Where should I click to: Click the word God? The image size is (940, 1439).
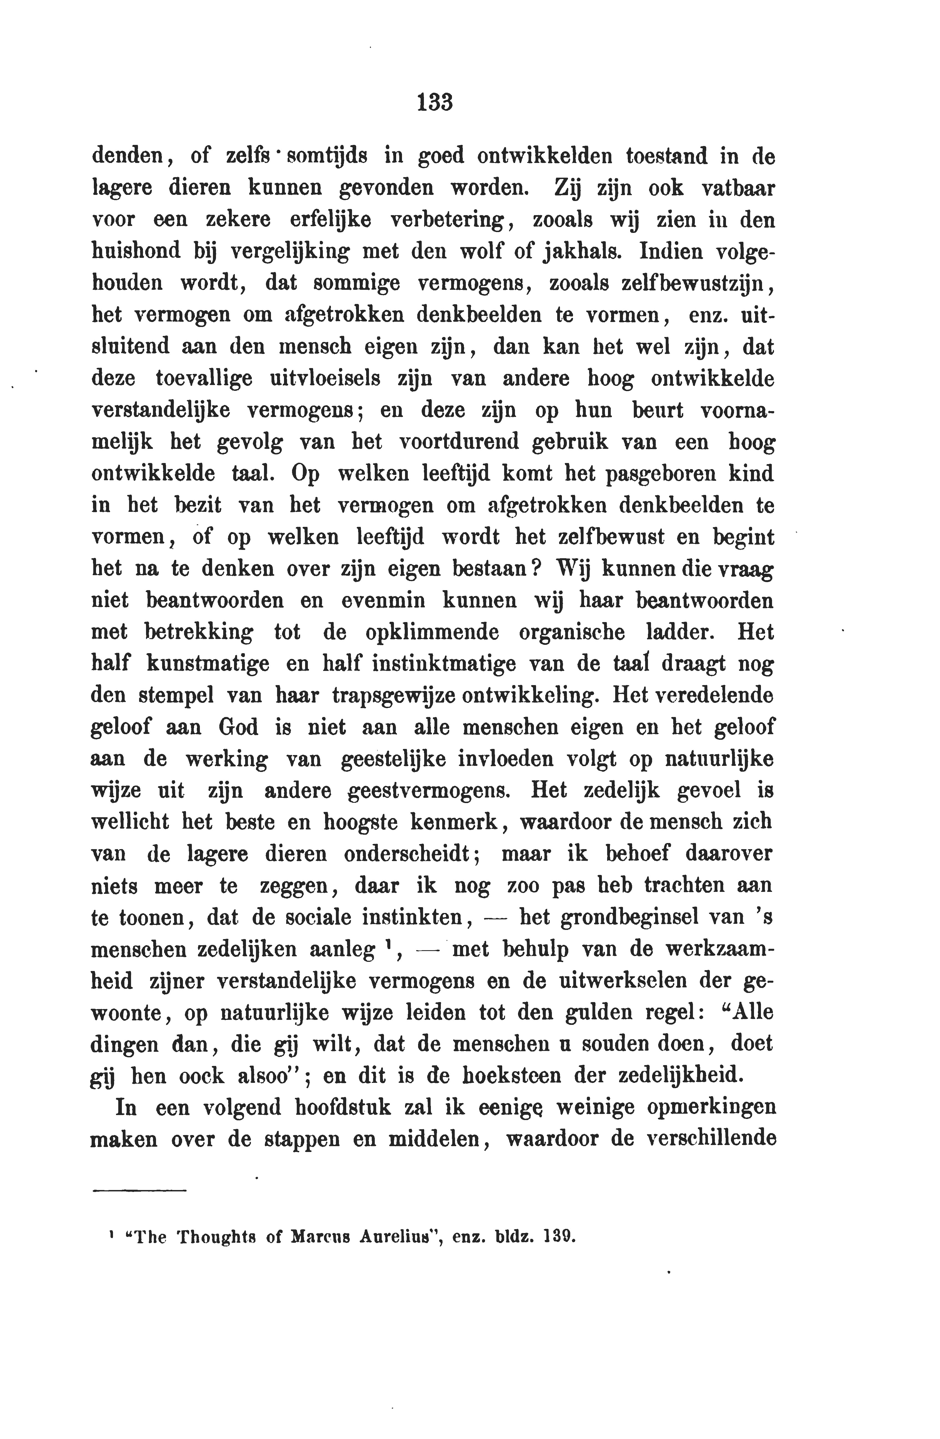[x=238, y=727]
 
